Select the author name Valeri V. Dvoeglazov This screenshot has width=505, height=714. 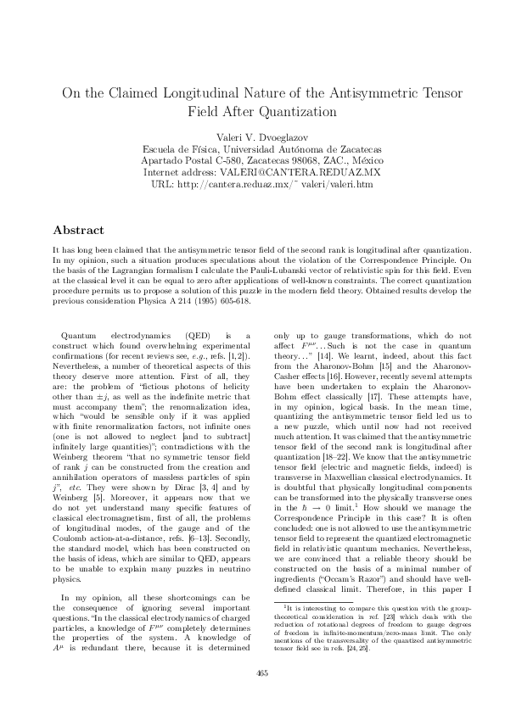coord(251,137)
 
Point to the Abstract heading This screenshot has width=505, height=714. coord(78,230)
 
